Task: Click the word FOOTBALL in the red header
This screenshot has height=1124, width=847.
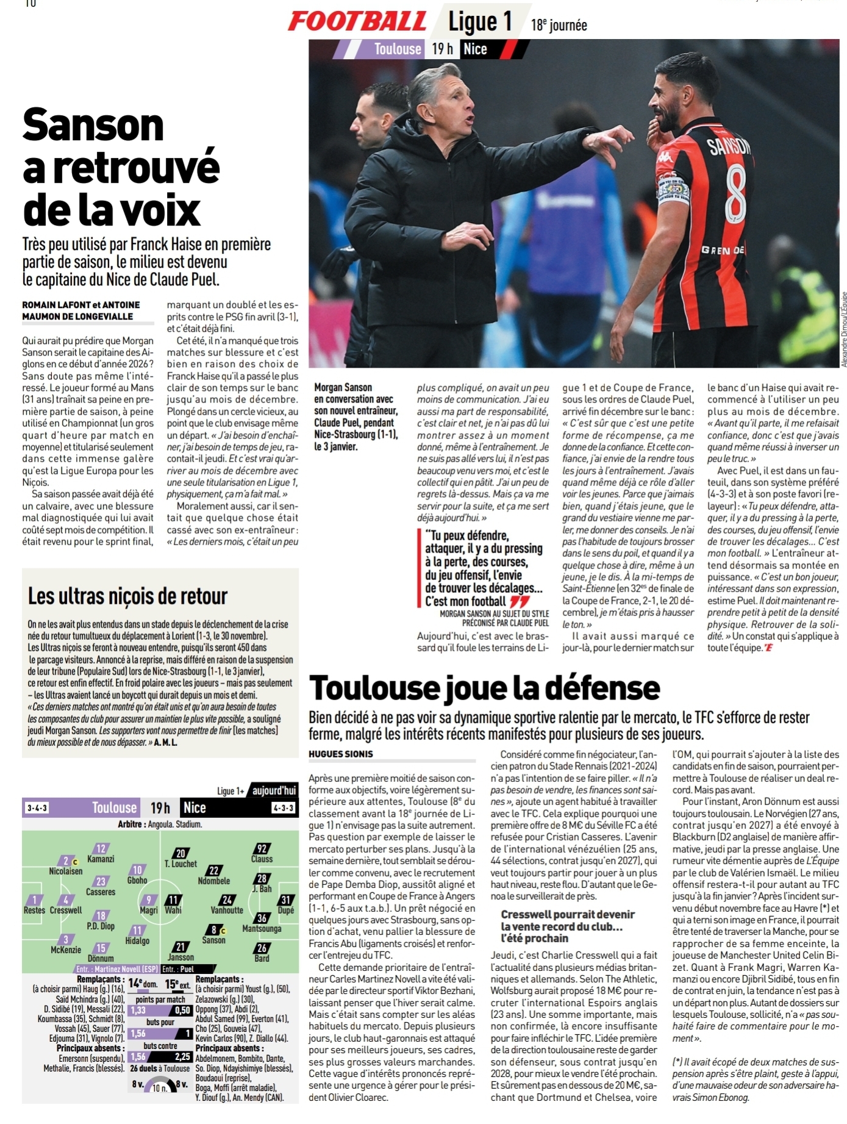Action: coord(357,21)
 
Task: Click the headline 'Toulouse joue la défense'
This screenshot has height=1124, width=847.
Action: coord(485,687)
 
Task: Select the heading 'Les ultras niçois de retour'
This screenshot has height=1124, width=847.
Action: coord(127,596)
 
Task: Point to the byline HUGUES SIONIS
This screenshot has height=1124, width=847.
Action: coord(340,754)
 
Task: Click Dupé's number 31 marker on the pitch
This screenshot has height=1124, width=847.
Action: coord(285,900)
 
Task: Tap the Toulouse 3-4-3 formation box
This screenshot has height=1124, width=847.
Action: coord(36,808)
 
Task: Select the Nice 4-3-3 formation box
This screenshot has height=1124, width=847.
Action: coord(284,808)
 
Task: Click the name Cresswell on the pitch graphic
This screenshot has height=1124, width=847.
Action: coord(66,911)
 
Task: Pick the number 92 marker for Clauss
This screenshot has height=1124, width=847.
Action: coord(262,848)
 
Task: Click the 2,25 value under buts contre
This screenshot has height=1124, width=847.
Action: coord(182,1057)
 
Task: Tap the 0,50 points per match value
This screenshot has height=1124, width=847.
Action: coord(182,1010)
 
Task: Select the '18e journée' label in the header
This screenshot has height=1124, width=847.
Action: coord(559,25)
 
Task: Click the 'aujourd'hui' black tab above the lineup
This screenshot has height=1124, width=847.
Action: coord(274,791)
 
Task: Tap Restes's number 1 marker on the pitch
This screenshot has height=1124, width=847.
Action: coord(35,900)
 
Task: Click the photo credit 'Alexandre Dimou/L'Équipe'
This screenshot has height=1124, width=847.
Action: coord(843,329)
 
